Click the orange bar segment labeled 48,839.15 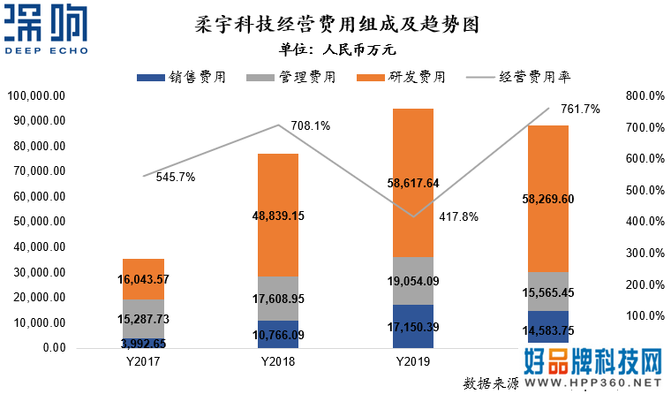pyautogui.click(x=277, y=215)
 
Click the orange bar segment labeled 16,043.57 pyautogui.click(x=143, y=279)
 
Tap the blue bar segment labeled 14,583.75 pyautogui.click(x=547, y=327)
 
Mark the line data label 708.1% pyautogui.click(x=310, y=126)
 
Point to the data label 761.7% pyautogui.click(x=579, y=110)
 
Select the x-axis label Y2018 pyautogui.click(x=277, y=361)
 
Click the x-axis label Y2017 pyautogui.click(x=143, y=361)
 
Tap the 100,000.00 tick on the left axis pyautogui.click(x=36, y=95)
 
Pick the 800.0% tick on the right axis pyautogui.click(x=644, y=95)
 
